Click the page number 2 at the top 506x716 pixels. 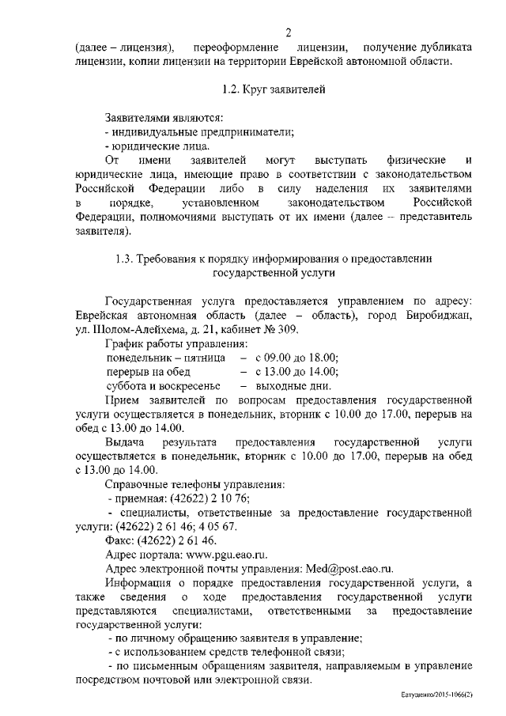289,32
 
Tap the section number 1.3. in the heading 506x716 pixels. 126,260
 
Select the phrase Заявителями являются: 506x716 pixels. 164,117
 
